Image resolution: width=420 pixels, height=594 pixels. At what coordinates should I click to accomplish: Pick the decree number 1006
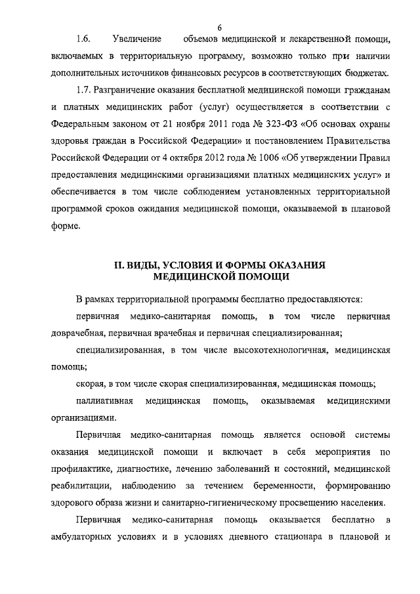pos(254,158)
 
